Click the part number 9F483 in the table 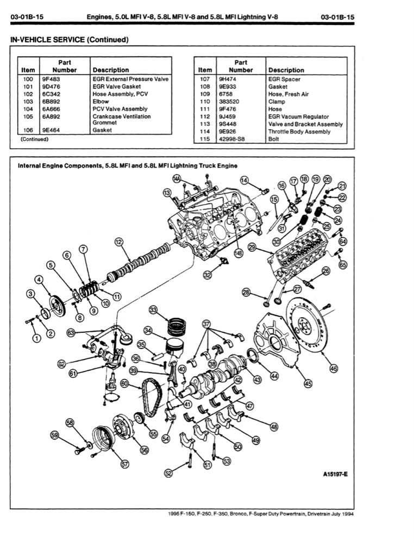[51, 79]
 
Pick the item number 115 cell [205, 139]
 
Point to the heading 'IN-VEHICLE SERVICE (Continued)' [66, 40]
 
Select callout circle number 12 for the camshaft [118, 242]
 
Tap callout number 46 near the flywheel [333, 367]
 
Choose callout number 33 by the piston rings [153, 310]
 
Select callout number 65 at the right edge [342, 265]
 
